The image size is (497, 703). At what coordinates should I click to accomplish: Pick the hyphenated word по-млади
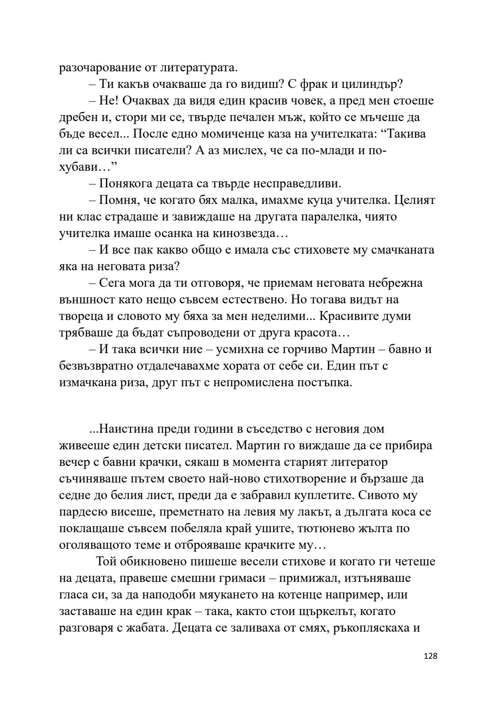tap(323, 151)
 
